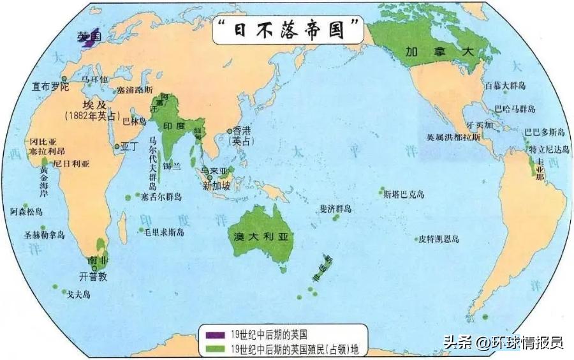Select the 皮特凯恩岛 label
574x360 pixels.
tap(439, 239)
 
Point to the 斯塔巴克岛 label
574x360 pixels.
tap(404, 195)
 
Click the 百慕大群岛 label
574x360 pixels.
tap(505, 85)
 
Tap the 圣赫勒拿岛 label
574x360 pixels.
tap(45, 235)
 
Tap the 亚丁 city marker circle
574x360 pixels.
tap(117, 146)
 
